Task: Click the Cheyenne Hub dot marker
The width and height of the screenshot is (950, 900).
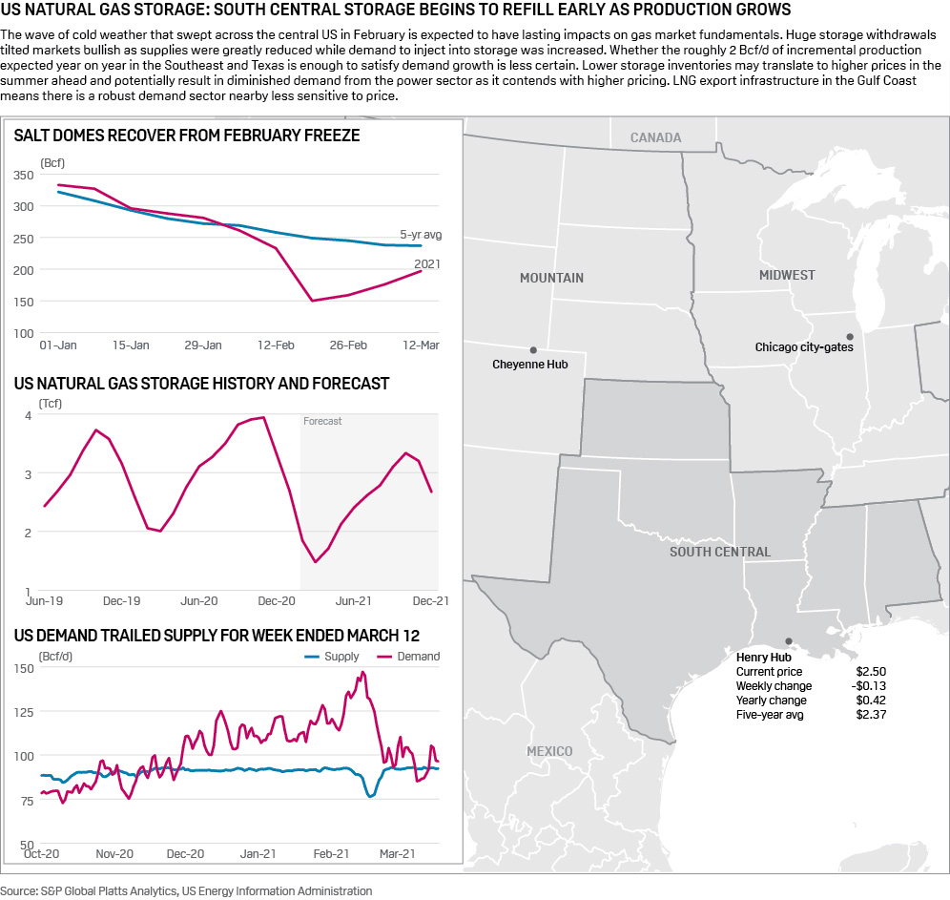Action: (x=533, y=350)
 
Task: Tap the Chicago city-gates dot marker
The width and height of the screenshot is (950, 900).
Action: (x=849, y=336)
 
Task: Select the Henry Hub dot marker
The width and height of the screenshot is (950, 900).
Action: (x=788, y=641)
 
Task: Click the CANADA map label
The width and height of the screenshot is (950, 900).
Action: (x=655, y=137)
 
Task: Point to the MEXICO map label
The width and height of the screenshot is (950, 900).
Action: (x=549, y=751)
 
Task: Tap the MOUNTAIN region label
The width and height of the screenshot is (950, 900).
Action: (x=551, y=278)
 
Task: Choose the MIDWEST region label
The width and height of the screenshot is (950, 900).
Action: (x=787, y=275)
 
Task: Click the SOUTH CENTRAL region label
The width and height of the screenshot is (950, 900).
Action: (x=720, y=552)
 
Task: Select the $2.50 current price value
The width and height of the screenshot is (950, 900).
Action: (x=871, y=672)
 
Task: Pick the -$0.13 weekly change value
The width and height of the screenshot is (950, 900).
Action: (x=869, y=686)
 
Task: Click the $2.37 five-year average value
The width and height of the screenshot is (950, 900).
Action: (x=871, y=715)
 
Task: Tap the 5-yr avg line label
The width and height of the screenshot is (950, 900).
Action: (x=421, y=235)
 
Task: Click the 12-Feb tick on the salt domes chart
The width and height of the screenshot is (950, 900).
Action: (x=275, y=345)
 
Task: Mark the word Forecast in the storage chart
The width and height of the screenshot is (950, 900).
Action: (x=322, y=421)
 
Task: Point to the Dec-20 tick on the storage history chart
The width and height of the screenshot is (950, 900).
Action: (x=275, y=601)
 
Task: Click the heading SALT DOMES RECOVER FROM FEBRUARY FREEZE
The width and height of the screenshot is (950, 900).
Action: (x=187, y=136)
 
